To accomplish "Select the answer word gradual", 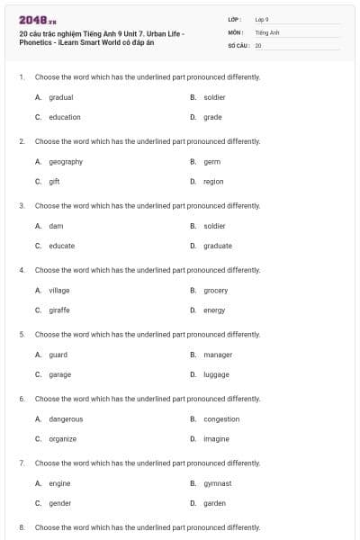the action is coord(61,97).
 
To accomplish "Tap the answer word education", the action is coord(65,117).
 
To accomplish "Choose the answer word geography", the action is coord(66,162).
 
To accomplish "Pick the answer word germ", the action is coord(211,162).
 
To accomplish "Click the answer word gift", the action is coord(54,181).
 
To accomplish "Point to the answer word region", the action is coord(213,181).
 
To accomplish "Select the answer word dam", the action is coord(56,226).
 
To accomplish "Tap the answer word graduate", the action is coord(218,246).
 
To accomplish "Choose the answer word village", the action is coord(59,291).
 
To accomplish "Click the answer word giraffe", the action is coord(59,310).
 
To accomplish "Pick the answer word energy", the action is coord(214,310).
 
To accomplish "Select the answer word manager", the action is coord(218,355).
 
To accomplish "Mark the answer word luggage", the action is coord(217,374).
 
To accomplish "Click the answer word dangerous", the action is coord(66,418).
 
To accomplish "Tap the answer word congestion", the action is coord(221,418).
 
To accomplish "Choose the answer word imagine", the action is coord(217,438).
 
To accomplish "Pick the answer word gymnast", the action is coord(218,483).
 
